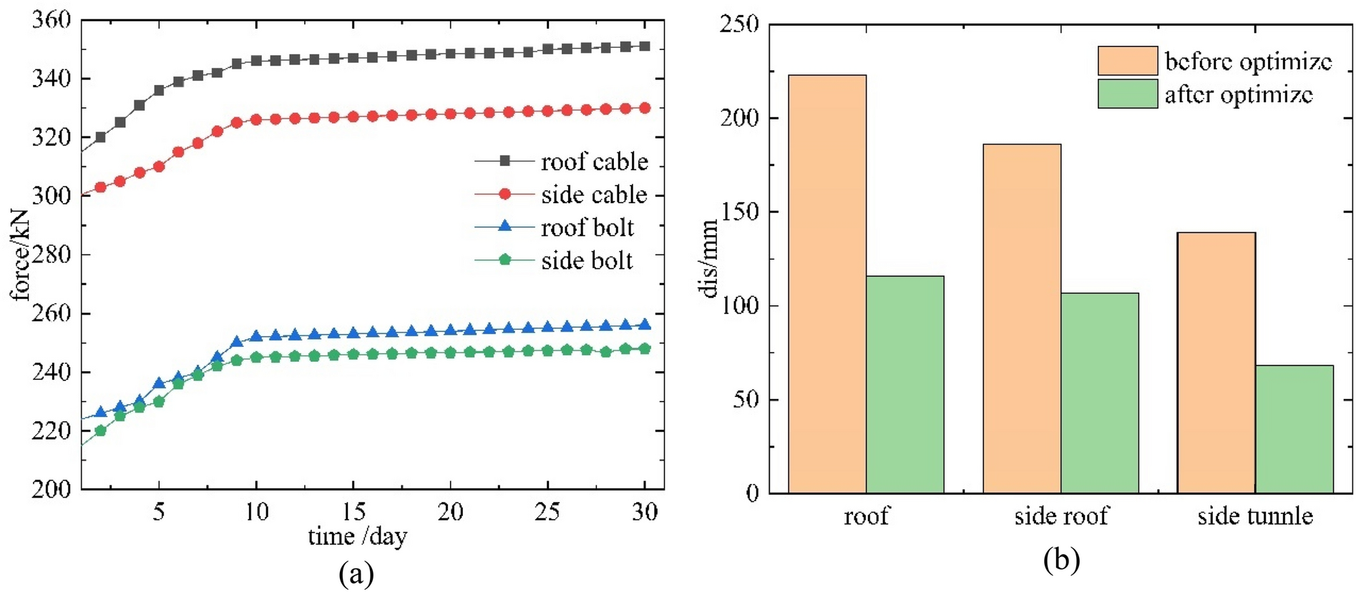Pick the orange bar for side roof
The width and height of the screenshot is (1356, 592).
(1022, 318)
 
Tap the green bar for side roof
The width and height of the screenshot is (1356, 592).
(1099, 393)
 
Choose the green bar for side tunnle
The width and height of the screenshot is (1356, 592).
(1294, 429)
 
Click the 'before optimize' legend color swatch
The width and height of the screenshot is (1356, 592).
(1127, 61)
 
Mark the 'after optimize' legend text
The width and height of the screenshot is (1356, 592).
(1239, 94)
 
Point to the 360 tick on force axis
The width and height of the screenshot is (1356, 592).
(52, 20)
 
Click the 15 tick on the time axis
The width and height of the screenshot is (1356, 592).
(353, 511)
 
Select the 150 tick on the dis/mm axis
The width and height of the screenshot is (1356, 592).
(740, 212)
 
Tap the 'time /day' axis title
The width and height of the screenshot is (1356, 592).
(357, 536)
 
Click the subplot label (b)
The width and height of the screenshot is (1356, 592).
(1061, 560)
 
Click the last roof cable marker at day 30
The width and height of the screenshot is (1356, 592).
(644, 46)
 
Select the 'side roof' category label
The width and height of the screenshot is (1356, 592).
(1060, 515)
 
